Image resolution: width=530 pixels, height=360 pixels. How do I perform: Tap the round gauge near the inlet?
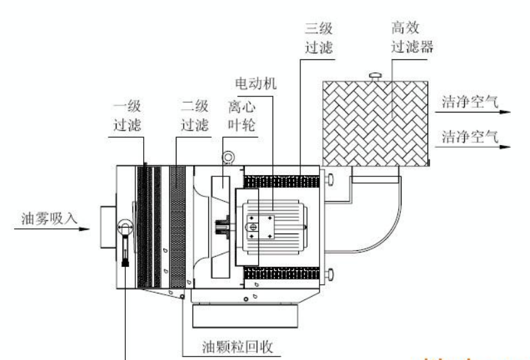pos(124,228)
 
